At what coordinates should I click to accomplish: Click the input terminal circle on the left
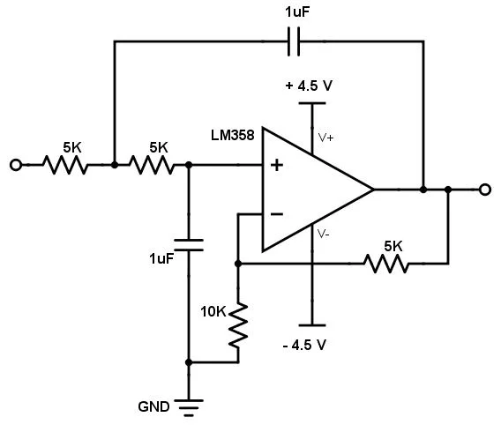pyautogui.click(x=16, y=165)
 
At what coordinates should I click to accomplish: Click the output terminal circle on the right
pyautogui.click(x=485, y=190)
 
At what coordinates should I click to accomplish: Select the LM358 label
pyautogui.click(x=233, y=135)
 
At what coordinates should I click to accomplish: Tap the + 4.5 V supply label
pyautogui.click(x=309, y=86)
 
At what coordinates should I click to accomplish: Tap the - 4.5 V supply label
pyautogui.click(x=304, y=345)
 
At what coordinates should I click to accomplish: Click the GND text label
pyautogui.click(x=153, y=406)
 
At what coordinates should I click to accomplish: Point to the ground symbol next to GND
pyautogui.click(x=189, y=407)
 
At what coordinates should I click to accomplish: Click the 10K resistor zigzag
pyautogui.click(x=238, y=325)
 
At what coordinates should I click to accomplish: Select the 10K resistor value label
pyautogui.click(x=213, y=311)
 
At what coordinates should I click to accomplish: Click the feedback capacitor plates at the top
pyautogui.click(x=294, y=41)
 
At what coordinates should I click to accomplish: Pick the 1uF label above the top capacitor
pyautogui.click(x=297, y=12)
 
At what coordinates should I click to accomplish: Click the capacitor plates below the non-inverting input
pyautogui.click(x=189, y=245)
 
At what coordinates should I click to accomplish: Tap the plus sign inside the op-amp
pyautogui.click(x=277, y=165)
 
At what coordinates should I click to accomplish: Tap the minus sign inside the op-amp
pyautogui.click(x=277, y=214)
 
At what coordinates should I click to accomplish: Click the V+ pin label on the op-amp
pyautogui.click(x=325, y=138)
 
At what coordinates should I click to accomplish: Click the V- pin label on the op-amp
pyautogui.click(x=324, y=234)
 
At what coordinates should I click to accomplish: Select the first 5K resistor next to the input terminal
pyautogui.click(x=65, y=165)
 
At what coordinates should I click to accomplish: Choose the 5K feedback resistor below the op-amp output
pyautogui.click(x=386, y=264)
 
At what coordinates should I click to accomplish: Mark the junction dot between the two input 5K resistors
pyautogui.click(x=115, y=165)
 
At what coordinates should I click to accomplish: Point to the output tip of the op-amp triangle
pyautogui.click(x=373, y=190)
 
